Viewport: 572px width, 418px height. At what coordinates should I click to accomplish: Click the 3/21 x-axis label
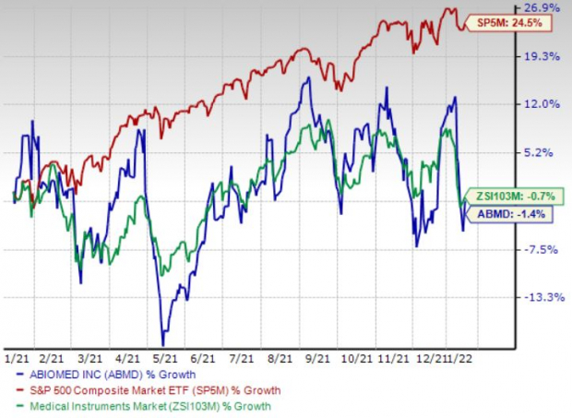(89, 354)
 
